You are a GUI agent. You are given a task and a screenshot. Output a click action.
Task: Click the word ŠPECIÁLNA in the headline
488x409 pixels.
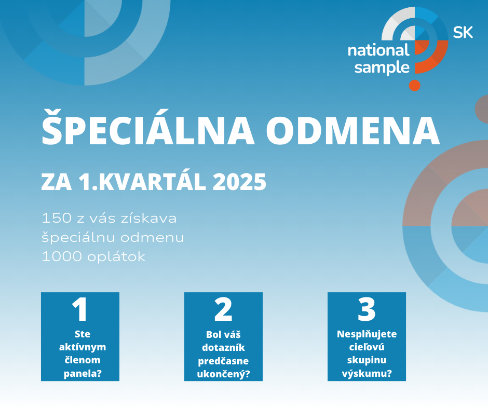click(x=148, y=127)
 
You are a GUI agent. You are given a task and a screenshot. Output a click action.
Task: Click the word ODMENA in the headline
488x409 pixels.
click(x=353, y=130)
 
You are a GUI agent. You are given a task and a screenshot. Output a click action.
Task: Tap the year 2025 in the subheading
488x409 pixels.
click(x=240, y=182)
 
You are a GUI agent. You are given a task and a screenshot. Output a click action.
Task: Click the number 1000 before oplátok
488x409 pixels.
click(x=62, y=257)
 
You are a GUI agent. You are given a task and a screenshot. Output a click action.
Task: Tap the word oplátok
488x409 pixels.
click(x=116, y=257)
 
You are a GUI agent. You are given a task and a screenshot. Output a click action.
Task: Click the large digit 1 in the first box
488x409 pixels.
click(x=79, y=309)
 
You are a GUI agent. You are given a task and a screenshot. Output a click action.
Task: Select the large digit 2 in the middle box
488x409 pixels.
click(x=223, y=309)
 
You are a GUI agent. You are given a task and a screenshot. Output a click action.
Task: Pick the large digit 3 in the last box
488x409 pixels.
click(x=367, y=309)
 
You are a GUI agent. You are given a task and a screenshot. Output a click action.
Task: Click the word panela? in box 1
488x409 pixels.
click(x=83, y=373)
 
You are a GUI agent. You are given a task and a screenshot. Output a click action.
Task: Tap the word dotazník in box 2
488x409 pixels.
click(x=223, y=347)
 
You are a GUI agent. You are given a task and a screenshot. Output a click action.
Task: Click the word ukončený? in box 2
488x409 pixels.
click(x=223, y=374)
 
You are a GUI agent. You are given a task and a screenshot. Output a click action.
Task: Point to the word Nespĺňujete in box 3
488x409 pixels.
click(x=367, y=334)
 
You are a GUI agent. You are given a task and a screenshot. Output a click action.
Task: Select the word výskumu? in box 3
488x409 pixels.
click(x=367, y=373)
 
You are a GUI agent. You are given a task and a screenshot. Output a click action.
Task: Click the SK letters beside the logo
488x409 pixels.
click(x=463, y=32)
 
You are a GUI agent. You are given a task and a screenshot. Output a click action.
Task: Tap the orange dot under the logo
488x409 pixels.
click(x=415, y=85)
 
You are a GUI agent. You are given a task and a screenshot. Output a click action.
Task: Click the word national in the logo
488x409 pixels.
click(x=378, y=50)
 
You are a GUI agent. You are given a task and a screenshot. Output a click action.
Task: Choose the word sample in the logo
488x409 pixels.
click(x=382, y=68)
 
